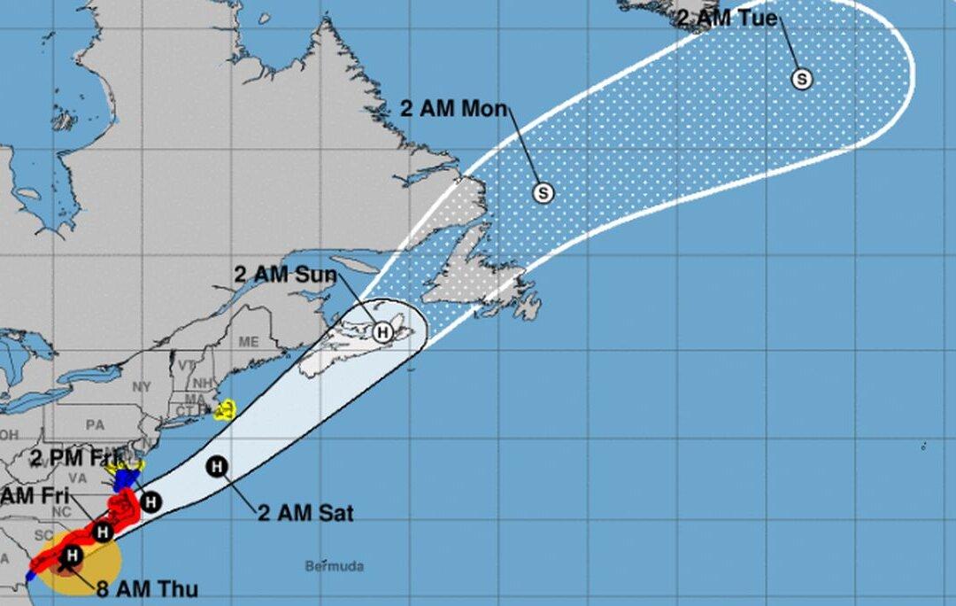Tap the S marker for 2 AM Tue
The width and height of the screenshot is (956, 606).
tap(802, 79)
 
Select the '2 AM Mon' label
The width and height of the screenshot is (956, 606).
tap(453, 109)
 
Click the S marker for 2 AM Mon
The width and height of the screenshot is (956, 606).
tap(544, 192)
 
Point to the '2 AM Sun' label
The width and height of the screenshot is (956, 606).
tap(285, 275)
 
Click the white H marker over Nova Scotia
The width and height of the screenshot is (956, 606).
tap(382, 332)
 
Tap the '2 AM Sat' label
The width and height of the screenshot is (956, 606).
tap(305, 513)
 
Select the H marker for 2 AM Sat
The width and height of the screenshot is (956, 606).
tap(216, 466)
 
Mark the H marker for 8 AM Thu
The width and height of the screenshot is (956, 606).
tap(73, 555)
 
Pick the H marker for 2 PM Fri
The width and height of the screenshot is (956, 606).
tap(151, 501)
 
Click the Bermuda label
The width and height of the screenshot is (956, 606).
tap(334, 566)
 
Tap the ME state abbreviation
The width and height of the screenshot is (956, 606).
tap(250, 342)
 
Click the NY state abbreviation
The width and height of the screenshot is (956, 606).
tap(143, 387)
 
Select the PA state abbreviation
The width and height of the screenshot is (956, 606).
tap(95, 424)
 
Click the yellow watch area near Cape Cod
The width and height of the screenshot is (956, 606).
tap(225, 409)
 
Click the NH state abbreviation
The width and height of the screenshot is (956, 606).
tap(201, 382)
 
